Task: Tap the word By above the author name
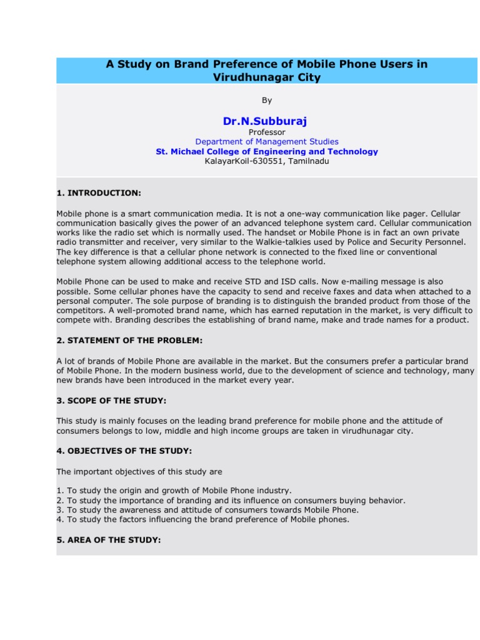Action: click(x=267, y=100)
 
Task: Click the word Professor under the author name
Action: click(x=267, y=132)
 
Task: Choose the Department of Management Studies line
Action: click(x=267, y=142)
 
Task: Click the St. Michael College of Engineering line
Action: click(x=267, y=151)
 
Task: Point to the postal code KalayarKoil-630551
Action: click(x=241, y=161)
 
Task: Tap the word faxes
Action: click(x=347, y=291)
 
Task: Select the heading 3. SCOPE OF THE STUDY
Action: click(x=111, y=400)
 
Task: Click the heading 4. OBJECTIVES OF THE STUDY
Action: click(x=124, y=450)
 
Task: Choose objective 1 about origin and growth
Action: click(x=174, y=491)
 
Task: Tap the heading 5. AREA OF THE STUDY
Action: click(x=109, y=539)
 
